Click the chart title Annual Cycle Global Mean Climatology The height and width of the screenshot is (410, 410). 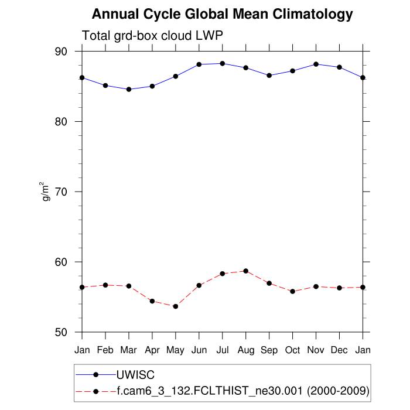click(x=223, y=14)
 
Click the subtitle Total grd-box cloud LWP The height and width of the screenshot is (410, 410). click(x=152, y=35)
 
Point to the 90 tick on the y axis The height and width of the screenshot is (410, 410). click(x=61, y=52)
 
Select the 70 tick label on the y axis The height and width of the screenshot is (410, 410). click(x=61, y=192)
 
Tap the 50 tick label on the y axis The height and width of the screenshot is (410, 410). click(x=61, y=333)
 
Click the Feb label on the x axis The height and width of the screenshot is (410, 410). click(x=105, y=350)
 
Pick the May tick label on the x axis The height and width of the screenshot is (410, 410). click(x=176, y=350)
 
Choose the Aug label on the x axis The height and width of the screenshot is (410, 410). click(x=246, y=350)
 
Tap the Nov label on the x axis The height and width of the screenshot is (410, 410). click(x=316, y=350)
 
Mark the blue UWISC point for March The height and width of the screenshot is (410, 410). click(x=129, y=89)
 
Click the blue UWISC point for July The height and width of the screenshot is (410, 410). click(x=223, y=63)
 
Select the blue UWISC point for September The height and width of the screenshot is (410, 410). click(x=269, y=76)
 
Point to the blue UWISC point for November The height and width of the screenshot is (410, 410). click(x=316, y=64)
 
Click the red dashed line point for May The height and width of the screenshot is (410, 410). click(x=176, y=306)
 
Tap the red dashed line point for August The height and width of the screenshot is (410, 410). click(x=246, y=271)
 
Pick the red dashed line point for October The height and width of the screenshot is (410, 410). click(x=293, y=291)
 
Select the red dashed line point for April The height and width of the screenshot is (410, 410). click(x=152, y=301)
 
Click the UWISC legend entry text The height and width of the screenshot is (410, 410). click(x=135, y=374)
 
